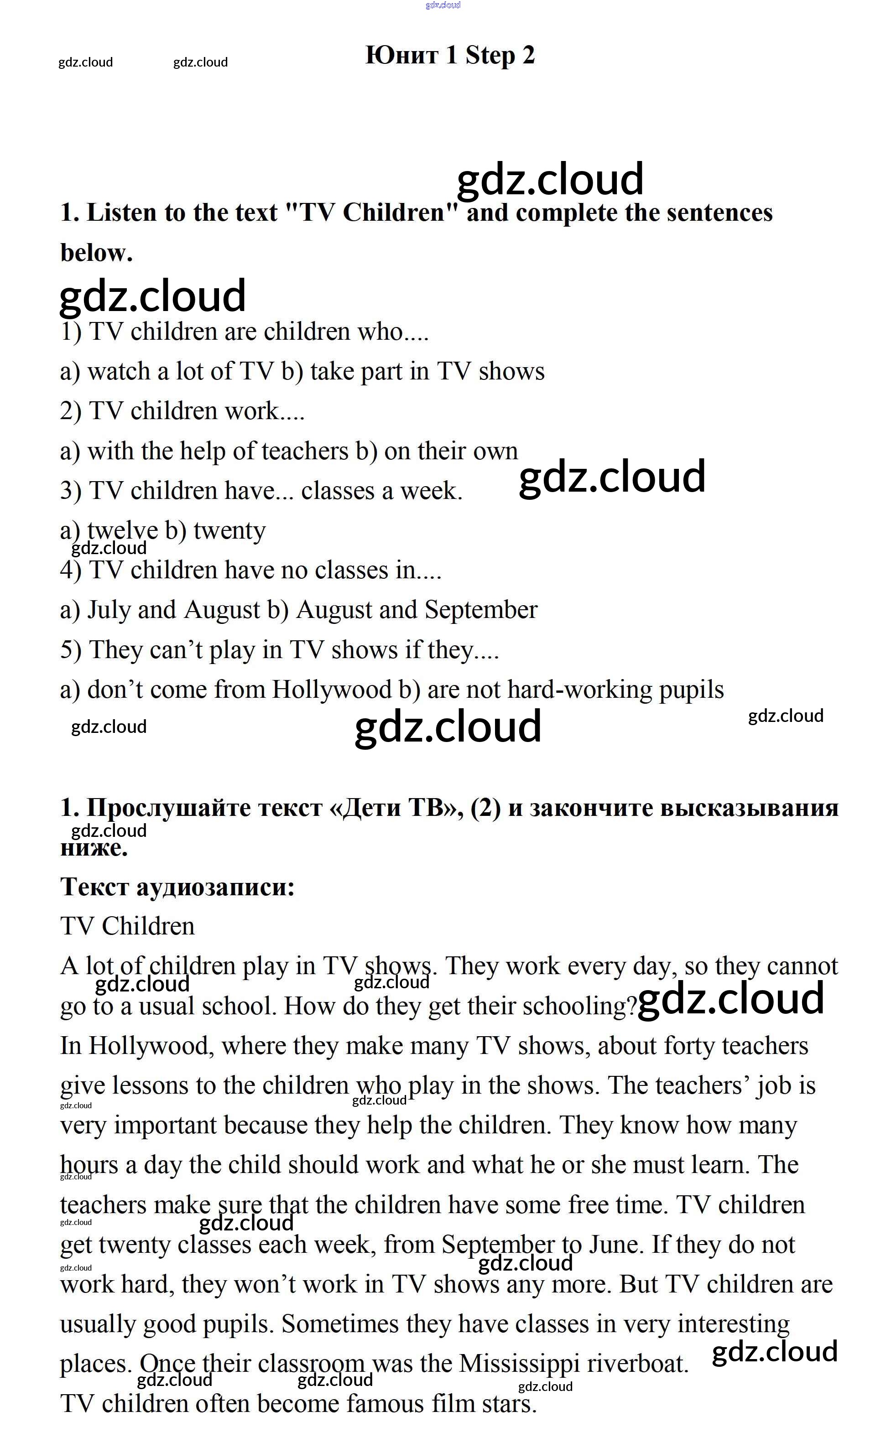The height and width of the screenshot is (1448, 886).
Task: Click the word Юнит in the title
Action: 401,56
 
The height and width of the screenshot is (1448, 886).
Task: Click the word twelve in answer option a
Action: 122,531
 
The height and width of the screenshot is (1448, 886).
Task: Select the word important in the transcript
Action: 165,1126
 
